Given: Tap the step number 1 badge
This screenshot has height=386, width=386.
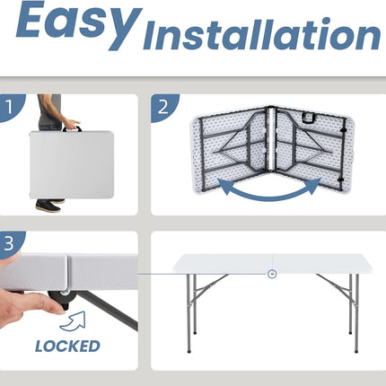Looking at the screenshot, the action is [12, 107].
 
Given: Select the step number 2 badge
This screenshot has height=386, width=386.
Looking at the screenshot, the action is [164, 108].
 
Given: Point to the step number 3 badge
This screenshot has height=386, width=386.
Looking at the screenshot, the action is [11, 243].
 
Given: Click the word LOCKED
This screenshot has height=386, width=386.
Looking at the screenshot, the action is [67, 347].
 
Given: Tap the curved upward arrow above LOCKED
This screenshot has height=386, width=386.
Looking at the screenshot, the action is [73, 321].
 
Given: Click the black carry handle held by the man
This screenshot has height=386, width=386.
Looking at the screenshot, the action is [72, 129].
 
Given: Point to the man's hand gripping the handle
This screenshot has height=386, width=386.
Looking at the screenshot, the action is [71, 124].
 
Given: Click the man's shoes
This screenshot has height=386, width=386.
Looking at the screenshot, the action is [50, 206].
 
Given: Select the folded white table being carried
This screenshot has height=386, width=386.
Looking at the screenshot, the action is [72, 164].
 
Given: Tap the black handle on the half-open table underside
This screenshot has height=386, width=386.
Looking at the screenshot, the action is [309, 118].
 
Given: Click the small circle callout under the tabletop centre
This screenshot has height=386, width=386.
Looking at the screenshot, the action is [272, 274].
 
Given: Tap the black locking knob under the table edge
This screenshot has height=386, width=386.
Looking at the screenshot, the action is [60, 298].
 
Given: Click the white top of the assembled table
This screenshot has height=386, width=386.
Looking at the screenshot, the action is [272, 263].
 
